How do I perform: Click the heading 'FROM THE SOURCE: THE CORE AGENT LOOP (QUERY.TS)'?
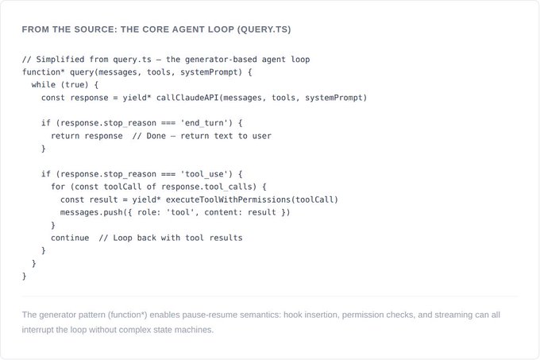coord(156,29)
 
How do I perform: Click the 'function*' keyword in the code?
coord(44,72)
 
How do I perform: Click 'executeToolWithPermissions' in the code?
coord(231,199)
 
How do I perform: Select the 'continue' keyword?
coord(70,238)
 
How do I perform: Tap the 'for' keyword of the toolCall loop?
coord(58,187)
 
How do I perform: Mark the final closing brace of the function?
coord(25,276)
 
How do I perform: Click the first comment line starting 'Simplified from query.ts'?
coord(166,59)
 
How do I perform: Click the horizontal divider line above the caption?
coord(270,296)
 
